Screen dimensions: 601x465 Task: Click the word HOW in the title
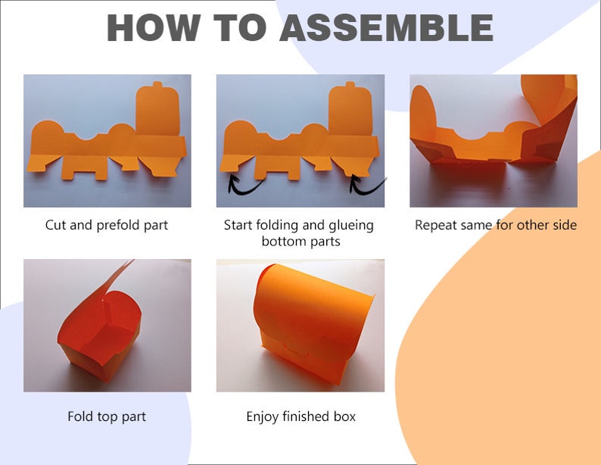(154, 27)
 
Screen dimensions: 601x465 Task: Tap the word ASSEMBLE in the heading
(386, 27)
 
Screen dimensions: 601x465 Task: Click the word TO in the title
(239, 27)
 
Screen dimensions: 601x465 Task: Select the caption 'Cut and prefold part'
(107, 225)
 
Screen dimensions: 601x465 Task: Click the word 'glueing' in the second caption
(351, 226)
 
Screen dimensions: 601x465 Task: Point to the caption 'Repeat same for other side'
(496, 225)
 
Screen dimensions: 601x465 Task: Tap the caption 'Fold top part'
(107, 417)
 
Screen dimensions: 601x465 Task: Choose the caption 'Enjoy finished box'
(301, 417)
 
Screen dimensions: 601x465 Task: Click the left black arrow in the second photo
(245, 185)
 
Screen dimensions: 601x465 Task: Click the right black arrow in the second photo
(367, 186)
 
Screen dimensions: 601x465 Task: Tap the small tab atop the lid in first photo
(157, 84)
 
